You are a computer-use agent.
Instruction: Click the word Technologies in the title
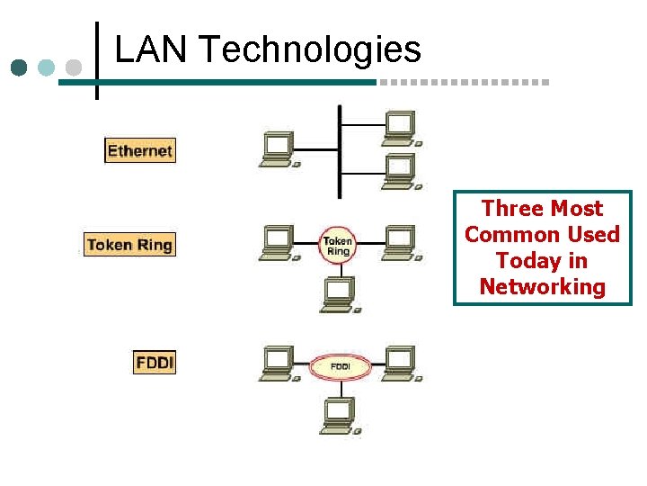point(310,51)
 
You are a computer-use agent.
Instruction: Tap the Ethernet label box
point(139,150)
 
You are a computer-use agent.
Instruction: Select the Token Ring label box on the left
point(129,244)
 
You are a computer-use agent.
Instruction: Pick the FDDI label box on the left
point(155,363)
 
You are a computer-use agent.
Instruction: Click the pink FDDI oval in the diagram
point(341,366)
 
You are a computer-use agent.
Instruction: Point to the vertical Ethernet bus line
point(339,151)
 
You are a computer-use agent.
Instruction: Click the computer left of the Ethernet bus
point(279,149)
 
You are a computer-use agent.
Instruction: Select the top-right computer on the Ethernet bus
point(400,127)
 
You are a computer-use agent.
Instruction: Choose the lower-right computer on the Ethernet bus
point(400,171)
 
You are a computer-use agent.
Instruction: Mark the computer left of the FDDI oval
point(279,364)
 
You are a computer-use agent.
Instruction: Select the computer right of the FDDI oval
point(400,364)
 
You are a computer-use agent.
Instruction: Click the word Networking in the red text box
point(543,287)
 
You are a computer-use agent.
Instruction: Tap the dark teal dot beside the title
point(20,67)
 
